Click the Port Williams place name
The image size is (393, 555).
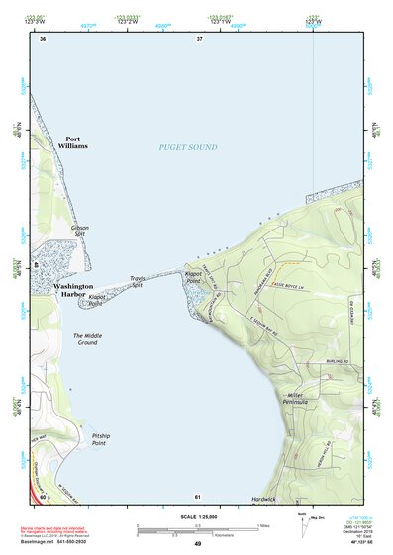[x=76, y=142]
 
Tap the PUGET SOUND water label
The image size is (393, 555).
[x=188, y=147]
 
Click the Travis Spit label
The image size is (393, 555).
[x=138, y=282]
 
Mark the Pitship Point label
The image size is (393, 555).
[x=105, y=439]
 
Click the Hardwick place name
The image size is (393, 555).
[x=264, y=499]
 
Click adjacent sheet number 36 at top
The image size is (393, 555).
[x=43, y=39]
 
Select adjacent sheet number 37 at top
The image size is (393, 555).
[x=199, y=39]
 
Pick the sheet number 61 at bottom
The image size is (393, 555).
[x=199, y=496]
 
